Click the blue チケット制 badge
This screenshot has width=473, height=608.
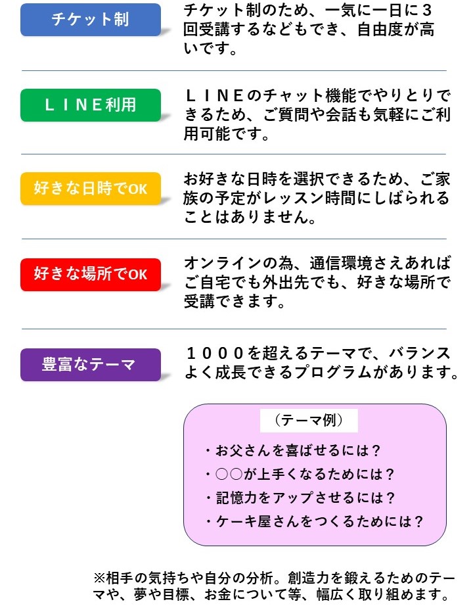pos(91,20)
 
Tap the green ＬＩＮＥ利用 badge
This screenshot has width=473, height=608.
pos(91,105)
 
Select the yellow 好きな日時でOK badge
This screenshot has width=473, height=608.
pos(91,189)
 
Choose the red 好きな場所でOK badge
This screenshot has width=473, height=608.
pos(91,275)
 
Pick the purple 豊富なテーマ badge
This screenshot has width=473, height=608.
pos(91,365)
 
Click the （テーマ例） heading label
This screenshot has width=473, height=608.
pos(309,420)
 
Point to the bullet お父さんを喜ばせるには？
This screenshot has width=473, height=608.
pos(293,450)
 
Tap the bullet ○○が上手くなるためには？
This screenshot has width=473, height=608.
pos(300,474)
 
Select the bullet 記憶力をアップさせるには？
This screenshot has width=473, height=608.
pos(300,498)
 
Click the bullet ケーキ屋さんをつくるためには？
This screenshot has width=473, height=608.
pos(314,521)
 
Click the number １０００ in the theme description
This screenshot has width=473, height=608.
pos(215,353)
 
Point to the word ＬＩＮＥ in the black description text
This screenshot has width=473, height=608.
pos(215,95)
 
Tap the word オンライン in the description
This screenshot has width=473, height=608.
pos(223,264)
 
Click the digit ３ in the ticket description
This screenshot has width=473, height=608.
pos(427,11)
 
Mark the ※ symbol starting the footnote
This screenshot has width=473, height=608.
pos(100,578)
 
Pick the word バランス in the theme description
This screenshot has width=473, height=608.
pos(420,353)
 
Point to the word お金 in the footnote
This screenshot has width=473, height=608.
pos(218,594)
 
